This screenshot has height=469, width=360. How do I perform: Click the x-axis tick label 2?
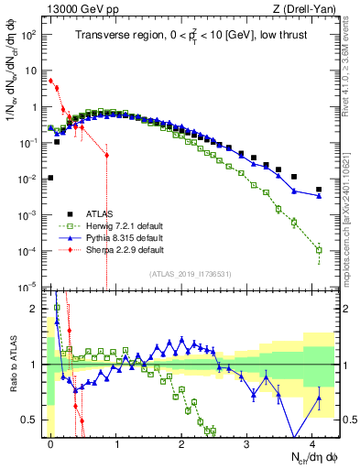tap(181, 442)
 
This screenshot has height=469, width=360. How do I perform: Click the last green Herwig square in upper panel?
tap(319, 249)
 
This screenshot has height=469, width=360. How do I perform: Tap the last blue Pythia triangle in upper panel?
tap(319, 195)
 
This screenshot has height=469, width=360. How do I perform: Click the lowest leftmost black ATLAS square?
tap(50, 179)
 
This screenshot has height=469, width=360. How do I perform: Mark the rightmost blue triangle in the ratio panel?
tap(319, 398)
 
